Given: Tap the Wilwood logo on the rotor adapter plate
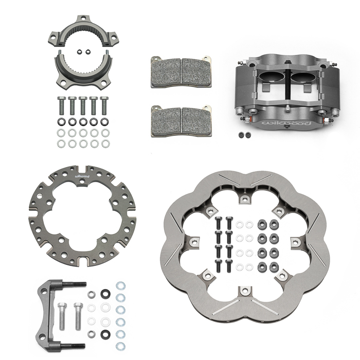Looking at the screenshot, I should pyautogui.click(x=82, y=176).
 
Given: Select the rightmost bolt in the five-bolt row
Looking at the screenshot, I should pyautogui.click(x=104, y=106).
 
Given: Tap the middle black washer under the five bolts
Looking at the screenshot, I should pyautogui.click(x=83, y=122).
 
